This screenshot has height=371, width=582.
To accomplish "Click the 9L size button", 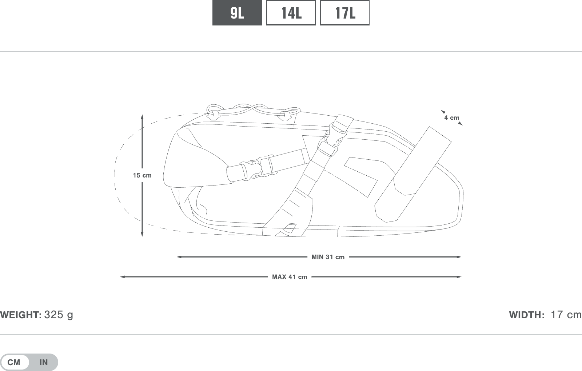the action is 237,13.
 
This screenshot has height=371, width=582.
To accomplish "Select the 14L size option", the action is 291,13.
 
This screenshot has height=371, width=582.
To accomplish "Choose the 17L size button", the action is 345,13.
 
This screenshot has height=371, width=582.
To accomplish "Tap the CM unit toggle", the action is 14,362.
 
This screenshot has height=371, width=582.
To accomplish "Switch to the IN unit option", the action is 44,362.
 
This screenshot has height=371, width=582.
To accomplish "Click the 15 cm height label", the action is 142,175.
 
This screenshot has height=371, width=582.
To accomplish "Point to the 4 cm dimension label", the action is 451,118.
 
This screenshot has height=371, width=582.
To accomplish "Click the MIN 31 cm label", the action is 328,257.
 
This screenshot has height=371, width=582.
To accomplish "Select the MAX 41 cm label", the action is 290,277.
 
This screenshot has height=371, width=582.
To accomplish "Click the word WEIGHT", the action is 21,315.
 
